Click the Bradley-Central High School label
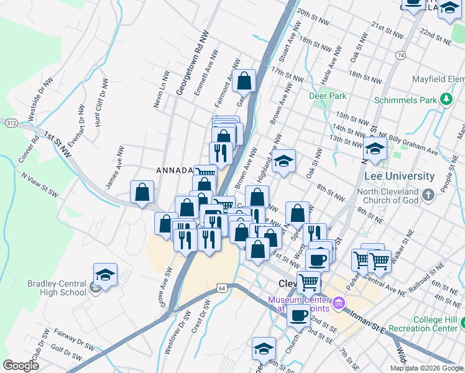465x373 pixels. [57, 288]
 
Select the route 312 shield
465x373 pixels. [12, 123]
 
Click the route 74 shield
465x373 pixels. [401, 56]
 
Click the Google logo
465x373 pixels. [21, 365]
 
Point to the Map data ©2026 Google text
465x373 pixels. [426, 368]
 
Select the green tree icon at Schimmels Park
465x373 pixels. [445, 99]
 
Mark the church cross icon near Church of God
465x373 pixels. [428, 196]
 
